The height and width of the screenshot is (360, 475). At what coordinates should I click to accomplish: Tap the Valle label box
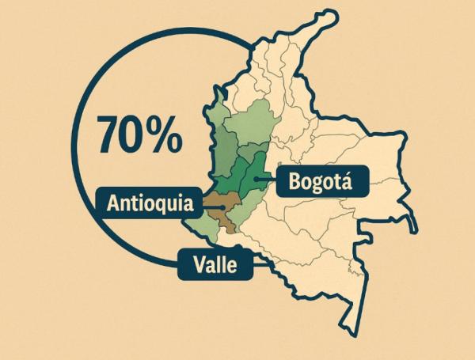[x=216, y=264]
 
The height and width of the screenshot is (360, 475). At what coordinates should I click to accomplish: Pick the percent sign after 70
[x=165, y=135]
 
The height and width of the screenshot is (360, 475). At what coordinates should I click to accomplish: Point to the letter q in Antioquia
[x=157, y=205]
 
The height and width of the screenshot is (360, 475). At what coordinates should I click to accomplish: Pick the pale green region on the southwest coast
[x=204, y=228]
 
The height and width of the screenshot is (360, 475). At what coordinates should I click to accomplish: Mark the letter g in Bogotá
[x=317, y=184]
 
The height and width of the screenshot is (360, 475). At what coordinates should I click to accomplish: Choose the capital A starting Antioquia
[x=113, y=203]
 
